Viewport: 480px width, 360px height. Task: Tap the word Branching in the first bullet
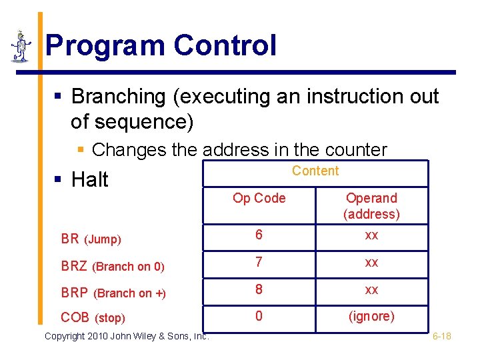pyautogui.click(x=119, y=97)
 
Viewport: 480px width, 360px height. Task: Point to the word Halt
pyautogui.click(x=89, y=180)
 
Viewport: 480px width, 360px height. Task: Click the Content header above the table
pyautogui.click(x=315, y=171)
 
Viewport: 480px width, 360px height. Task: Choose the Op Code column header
pyautogui.click(x=259, y=198)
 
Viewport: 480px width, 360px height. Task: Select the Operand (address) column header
pyautogui.click(x=371, y=206)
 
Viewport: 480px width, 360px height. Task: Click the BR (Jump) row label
pyautogui.click(x=91, y=239)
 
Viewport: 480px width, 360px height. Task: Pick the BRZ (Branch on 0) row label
pyautogui.click(x=112, y=267)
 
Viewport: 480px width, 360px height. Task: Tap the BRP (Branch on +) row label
pyautogui.click(x=113, y=293)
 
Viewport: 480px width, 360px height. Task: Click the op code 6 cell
pyautogui.click(x=259, y=235)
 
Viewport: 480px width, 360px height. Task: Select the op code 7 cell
pyautogui.click(x=259, y=263)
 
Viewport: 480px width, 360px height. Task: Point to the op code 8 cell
pyautogui.click(x=259, y=289)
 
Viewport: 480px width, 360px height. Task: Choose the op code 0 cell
pyautogui.click(x=259, y=316)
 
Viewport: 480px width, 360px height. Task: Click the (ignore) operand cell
pyautogui.click(x=371, y=316)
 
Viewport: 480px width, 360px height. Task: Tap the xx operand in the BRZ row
pyautogui.click(x=371, y=263)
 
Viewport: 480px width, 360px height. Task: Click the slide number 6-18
pyautogui.click(x=441, y=336)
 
